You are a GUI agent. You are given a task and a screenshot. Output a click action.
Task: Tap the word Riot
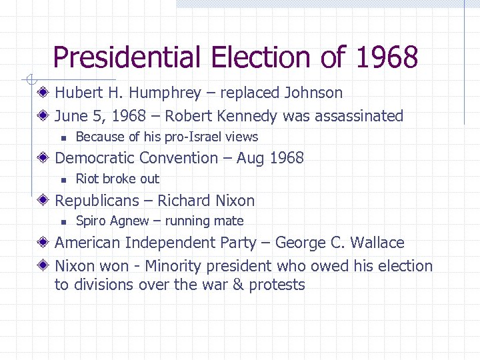pyautogui.click(x=87, y=179)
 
